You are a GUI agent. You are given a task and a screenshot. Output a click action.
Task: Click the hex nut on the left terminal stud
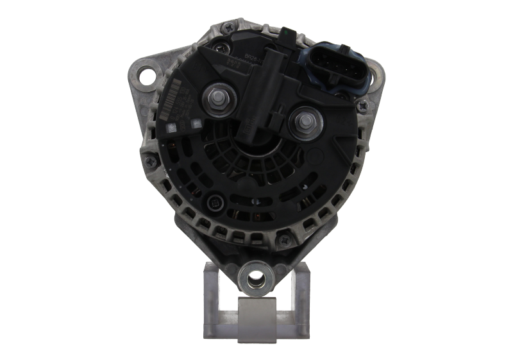coord(216,98)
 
